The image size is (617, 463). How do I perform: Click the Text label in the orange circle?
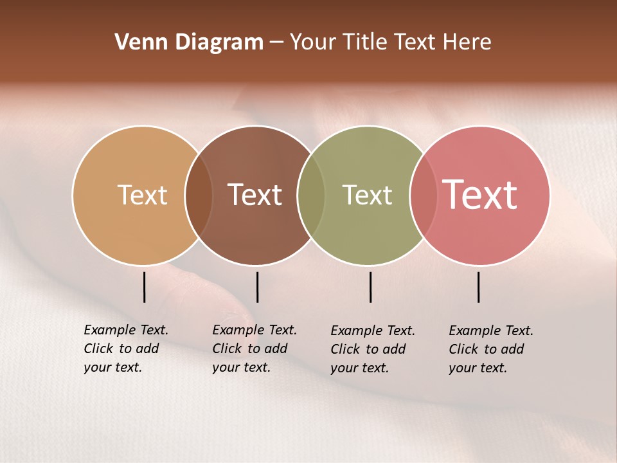pos(142,195)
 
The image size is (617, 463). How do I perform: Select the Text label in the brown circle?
pos(255,195)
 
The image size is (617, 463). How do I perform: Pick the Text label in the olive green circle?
pos(367,195)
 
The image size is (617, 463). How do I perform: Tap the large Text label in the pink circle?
pos(480,195)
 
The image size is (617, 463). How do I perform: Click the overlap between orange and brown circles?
pos(199,195)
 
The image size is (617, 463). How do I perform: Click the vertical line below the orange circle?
pos(145,287)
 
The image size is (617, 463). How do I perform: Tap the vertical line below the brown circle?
pos(257,287)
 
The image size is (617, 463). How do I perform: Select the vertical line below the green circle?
pos(370,287)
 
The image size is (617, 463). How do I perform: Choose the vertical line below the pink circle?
pos(479,287)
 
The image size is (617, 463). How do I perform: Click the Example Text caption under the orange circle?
pos(126,349)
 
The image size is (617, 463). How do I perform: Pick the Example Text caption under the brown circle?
pos(255,349)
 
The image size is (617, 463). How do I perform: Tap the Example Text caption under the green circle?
pos(373,349)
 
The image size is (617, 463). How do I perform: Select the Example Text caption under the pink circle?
pos(491,349)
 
